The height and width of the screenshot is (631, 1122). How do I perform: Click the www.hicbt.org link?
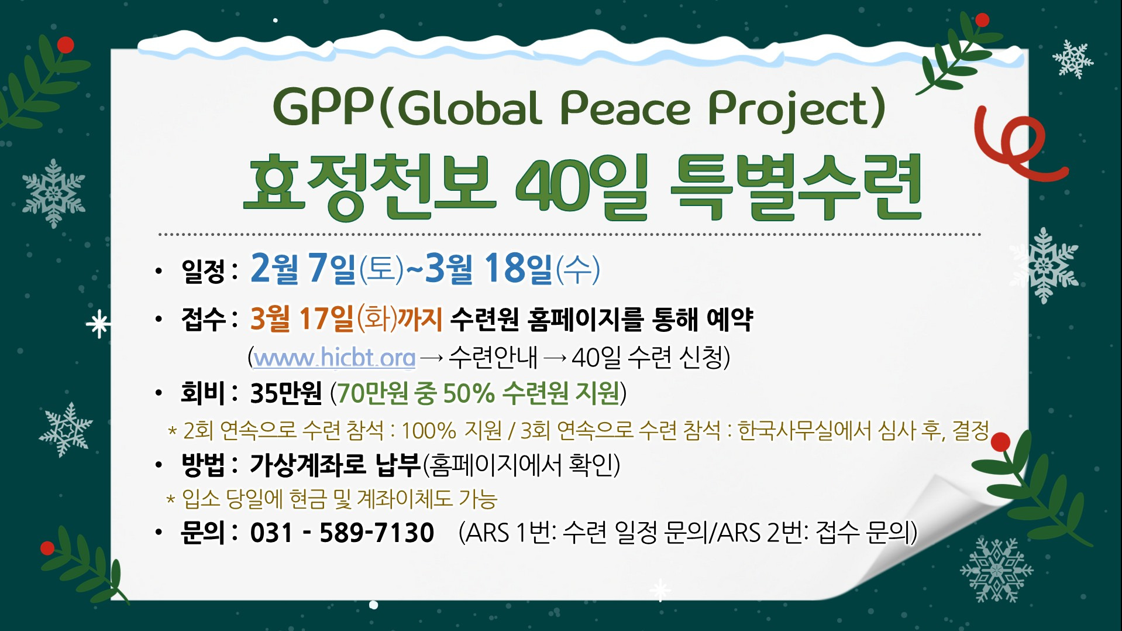point(334,357)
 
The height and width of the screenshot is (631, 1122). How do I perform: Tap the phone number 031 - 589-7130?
point(342,533)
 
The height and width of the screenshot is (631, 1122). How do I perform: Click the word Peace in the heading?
point(625,109)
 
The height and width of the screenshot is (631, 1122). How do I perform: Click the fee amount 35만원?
point(286,393)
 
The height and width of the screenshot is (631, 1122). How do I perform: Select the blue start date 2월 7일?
point(302,269)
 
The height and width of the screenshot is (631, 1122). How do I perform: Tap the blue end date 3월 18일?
point(488,269)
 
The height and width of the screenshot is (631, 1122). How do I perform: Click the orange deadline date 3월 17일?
point(302,319)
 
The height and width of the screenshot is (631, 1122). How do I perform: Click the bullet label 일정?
point(203,270)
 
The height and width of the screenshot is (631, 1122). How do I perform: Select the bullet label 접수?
point(203,320)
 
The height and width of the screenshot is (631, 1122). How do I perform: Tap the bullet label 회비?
point(203,393)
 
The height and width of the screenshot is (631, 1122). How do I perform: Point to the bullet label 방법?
point(203,465)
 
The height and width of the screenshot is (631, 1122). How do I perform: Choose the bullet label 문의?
point(203,533)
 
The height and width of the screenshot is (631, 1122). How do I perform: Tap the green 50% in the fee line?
point(469,393)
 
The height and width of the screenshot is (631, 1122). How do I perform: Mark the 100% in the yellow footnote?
point(428,431)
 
